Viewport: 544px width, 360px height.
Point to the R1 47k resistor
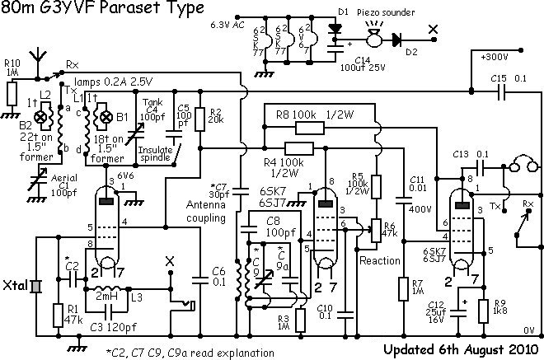coord(56,315)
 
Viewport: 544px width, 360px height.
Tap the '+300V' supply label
coord(495,58)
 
